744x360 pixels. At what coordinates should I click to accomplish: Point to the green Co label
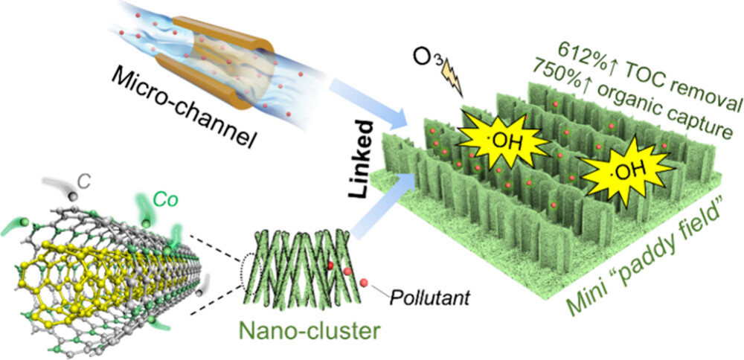165,199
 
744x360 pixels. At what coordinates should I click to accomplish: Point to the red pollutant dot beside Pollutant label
362,284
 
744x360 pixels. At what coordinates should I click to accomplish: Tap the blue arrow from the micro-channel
372,97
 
